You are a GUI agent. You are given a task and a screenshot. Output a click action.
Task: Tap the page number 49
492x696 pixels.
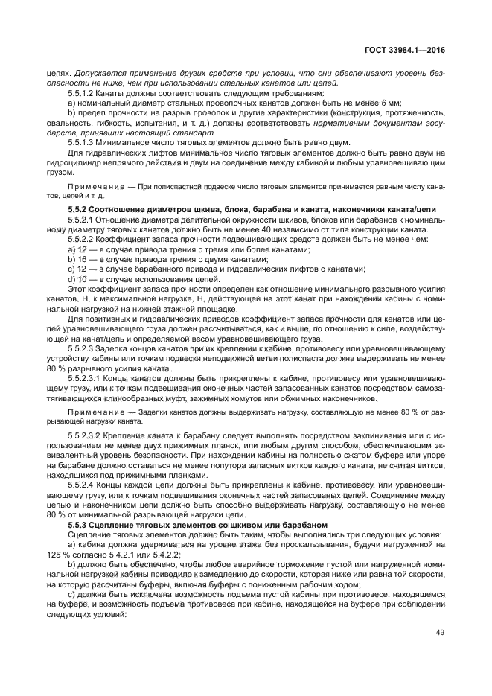440,633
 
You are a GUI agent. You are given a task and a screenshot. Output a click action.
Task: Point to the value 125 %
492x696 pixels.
55,554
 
